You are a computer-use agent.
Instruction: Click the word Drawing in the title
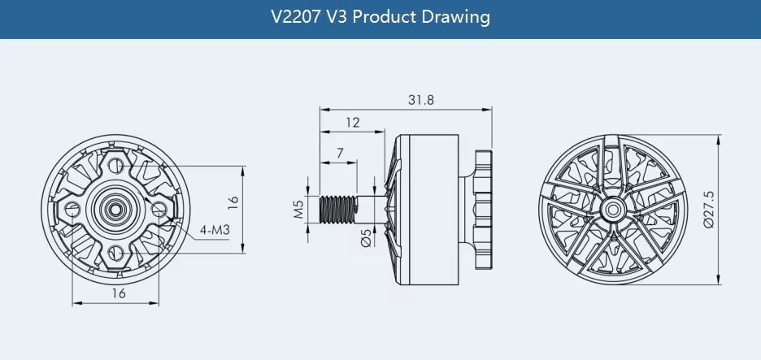[x=456, y=17]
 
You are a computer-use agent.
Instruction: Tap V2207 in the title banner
[x=296, y=17]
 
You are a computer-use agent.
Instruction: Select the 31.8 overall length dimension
[x=421, y=100]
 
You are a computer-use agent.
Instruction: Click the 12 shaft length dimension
[x=353, y=122]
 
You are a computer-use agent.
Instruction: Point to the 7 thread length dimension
[x=340, y=154]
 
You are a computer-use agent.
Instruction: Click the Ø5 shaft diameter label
[x=367, y=238]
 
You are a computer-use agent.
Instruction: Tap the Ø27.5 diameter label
[x=709, y=209]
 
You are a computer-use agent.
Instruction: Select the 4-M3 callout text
[x=214, y=230]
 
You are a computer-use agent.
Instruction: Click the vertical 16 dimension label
[x=233, y=202]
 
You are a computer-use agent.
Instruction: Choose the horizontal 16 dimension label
[x=119, y=293]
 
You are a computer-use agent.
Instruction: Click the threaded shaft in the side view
[x=337, y=209]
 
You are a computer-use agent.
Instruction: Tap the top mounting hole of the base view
[x=115, y=165]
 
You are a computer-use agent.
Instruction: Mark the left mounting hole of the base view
[x=72, y=209]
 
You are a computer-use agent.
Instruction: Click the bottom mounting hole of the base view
[x=115, y=253]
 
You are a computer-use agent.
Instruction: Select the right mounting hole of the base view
[x=159, y=209]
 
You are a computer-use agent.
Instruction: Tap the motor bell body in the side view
[x=426, y=209]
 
